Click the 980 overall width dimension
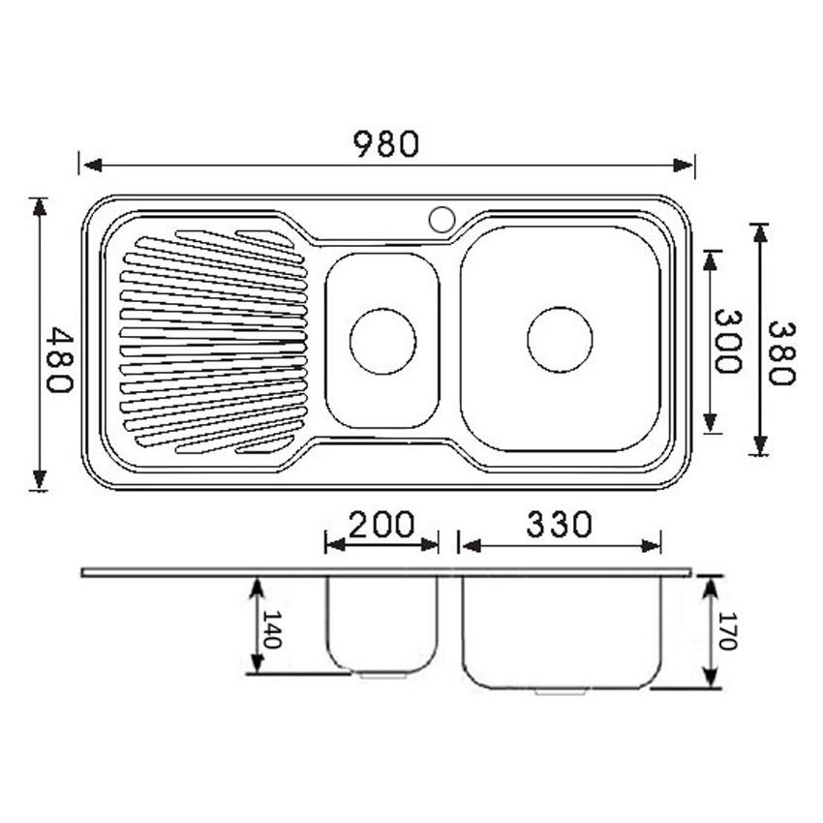tap(385, 144)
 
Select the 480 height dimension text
tap(60, 359)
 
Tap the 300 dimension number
tap(727, 341)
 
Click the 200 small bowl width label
tap(381, 525)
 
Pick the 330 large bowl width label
tap(559, 525)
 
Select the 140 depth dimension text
tap(272, 629)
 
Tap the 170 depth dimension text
tap(728, 630)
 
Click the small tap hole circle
tap(442, 219)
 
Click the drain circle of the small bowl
tap(382, 341)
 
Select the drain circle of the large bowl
tap(560, 339)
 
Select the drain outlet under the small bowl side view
tap(383, 675)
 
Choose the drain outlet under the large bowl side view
tap(561, 691)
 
